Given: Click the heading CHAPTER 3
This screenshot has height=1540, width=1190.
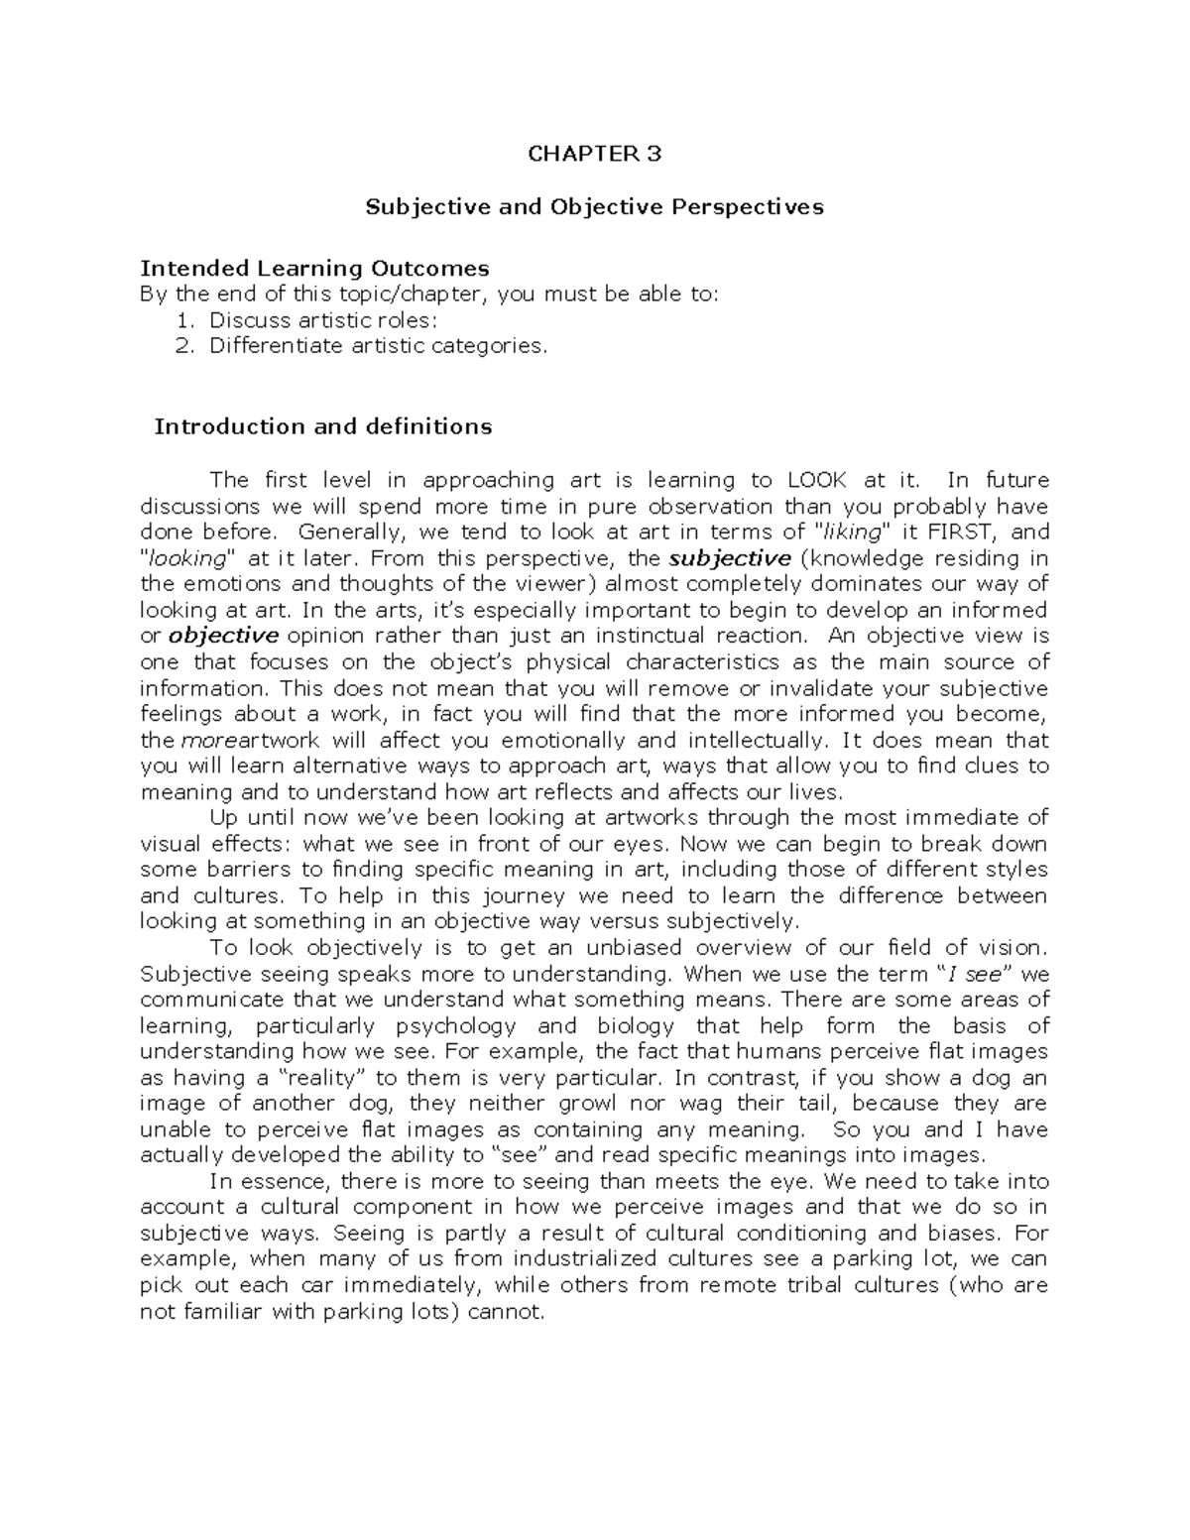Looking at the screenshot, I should coord(594,154).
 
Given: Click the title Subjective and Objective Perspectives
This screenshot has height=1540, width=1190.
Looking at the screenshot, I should coord(594,207).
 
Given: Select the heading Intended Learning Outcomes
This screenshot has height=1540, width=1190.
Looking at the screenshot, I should coord(314,268).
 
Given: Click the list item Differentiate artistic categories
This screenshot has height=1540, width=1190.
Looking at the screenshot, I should coord(378,346).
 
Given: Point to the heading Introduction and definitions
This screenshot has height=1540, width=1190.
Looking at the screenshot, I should coord(323,426).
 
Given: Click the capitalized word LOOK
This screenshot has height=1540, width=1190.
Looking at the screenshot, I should coord(816,480).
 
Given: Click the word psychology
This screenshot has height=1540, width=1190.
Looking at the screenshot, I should coord(455,1026).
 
